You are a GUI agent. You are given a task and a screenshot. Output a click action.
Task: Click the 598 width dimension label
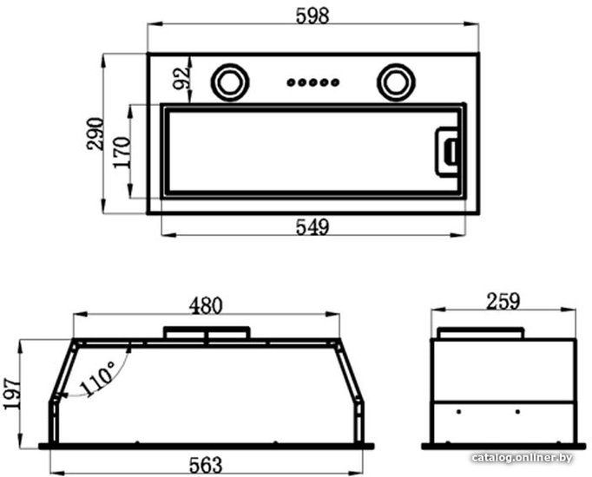coord(312,16)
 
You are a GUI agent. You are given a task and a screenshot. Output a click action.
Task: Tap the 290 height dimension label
coord(95,134)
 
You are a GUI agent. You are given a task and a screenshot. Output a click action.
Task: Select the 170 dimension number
coord(122,153)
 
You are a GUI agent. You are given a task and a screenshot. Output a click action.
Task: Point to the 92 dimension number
coord(181,78)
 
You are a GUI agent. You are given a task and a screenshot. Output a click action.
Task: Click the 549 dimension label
coord(312,227)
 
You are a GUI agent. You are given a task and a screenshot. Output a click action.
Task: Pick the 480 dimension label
coord(206,306)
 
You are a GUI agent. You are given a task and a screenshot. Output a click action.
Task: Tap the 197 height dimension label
coord(11,393)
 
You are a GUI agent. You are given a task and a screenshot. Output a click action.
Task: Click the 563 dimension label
coord(206,466)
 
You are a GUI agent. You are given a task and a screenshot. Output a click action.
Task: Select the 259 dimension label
coord(503,301)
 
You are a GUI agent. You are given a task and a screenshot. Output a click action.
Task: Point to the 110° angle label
coord(97,378)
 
